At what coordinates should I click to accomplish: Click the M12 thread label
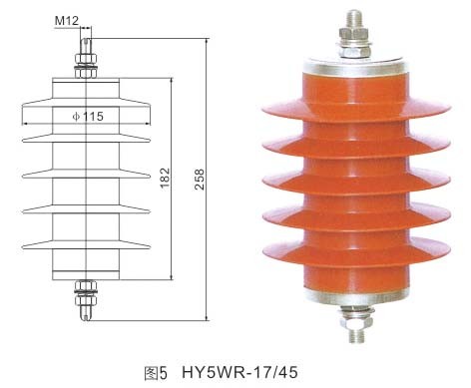click(x=67, y=21)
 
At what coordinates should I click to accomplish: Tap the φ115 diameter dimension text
click(x=88, y=117)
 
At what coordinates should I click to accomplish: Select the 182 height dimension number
click(x=165, y=179)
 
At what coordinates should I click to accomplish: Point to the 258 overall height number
click(x=200, y=180)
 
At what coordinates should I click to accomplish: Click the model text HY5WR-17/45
click(x=239, y=372)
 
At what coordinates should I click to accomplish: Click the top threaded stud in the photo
click(x=354, y=19)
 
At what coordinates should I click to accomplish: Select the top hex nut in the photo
click(x=354, y=33)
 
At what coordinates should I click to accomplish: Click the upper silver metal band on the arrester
click(x=354, y=67)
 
